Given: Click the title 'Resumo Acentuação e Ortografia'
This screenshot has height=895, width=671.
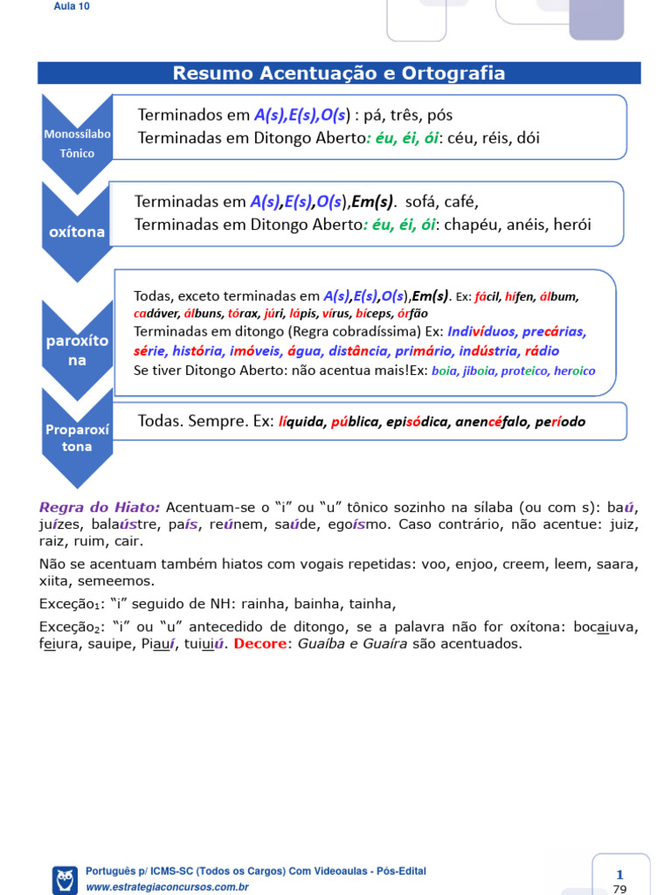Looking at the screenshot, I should [x=339, y=73].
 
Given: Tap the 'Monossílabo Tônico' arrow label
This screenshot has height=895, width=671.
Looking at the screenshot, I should [x=77, y=143].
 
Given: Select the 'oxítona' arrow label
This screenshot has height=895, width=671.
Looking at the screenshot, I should [x=77, y=232].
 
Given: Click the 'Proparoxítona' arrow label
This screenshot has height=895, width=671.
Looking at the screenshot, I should [x=77, y=438].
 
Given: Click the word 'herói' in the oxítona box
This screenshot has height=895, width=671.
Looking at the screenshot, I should [x=571, y=225].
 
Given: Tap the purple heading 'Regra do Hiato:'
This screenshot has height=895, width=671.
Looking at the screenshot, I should [x=100, y=507].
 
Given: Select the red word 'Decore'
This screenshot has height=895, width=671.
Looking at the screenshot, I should [x=260, y=644].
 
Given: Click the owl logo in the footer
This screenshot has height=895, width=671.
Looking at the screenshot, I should [x=65, y=878].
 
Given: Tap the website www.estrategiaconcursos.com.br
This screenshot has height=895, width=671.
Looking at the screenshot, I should [x=168, y=887].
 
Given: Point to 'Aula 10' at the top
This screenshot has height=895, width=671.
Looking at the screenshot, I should [x=73, y=6].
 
